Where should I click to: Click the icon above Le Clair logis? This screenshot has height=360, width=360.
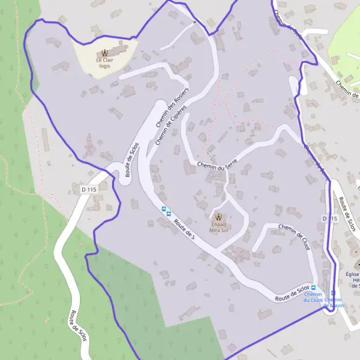106,52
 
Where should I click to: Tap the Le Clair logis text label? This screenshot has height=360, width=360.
106,63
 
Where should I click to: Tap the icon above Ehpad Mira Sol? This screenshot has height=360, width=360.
218,217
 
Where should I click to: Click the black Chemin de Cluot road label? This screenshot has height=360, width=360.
294,237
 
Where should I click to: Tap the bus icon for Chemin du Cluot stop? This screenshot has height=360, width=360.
313,287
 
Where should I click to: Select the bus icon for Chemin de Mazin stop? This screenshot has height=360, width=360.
333,293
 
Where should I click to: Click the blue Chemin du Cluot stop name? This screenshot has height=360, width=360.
313,297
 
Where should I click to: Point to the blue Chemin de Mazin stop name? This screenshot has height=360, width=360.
333,302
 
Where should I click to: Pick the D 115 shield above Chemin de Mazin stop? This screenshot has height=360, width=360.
328,218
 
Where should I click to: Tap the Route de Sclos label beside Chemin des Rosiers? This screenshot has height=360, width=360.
132,160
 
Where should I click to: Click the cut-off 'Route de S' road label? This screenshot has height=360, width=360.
184,229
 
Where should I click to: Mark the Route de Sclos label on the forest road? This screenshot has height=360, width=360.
79,326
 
